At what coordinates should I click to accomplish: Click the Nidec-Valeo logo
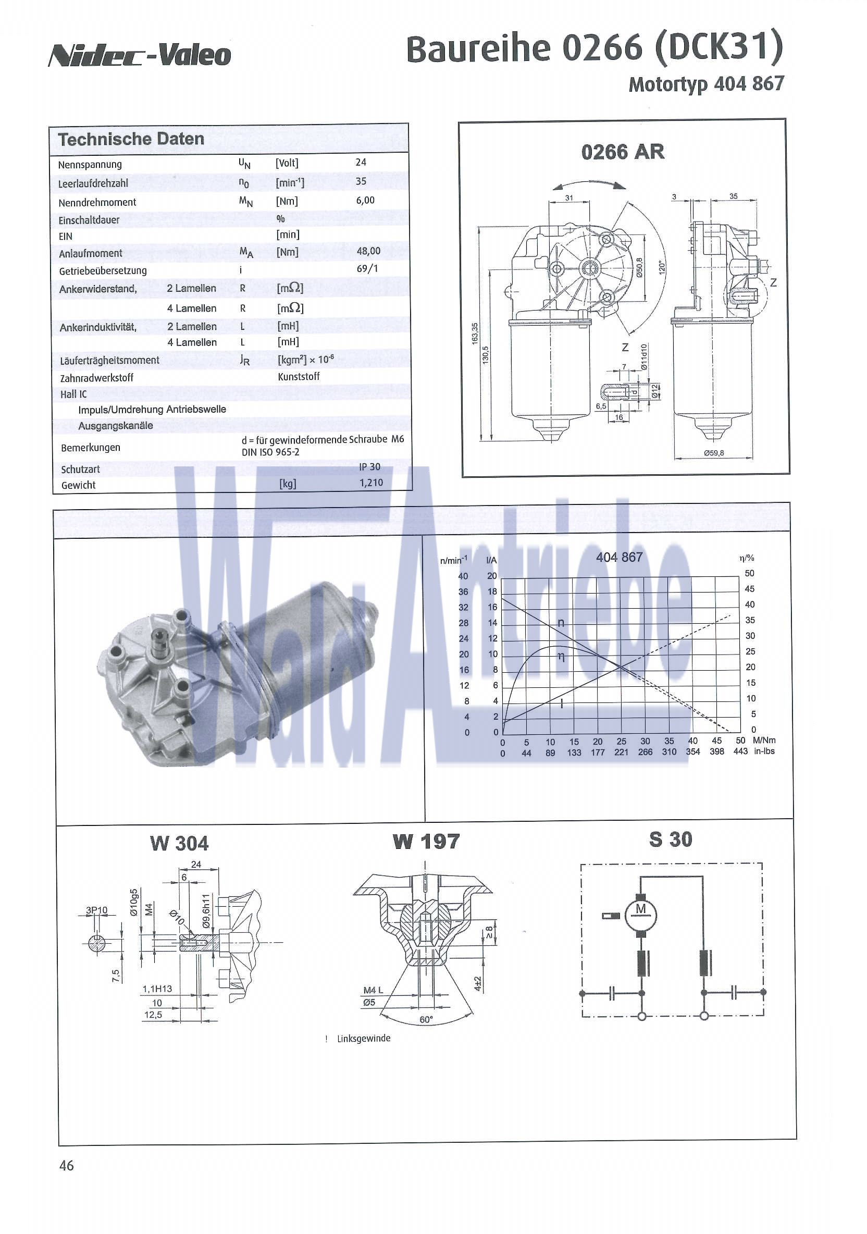140,55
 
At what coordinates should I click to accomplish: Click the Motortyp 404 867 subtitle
706,84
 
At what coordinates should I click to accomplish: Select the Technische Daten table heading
131,139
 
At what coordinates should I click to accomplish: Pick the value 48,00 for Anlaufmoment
368,251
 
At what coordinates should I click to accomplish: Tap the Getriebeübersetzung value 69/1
367,268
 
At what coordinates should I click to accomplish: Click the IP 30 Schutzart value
369,466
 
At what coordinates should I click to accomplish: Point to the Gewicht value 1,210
371,482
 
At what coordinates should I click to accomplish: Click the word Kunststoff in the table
299,377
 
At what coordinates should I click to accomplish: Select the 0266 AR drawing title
623,152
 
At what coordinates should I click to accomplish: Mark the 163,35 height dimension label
475,333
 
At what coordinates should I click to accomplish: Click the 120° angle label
662,267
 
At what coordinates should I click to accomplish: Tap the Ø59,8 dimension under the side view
714,453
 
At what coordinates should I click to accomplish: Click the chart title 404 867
619,558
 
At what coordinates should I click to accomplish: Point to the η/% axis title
747,558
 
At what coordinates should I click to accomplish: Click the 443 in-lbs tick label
740,751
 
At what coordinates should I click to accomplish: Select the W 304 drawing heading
179,843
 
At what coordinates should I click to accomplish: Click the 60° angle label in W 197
426,1019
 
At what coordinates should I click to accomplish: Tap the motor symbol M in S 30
641,909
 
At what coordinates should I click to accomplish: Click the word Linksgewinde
363,1039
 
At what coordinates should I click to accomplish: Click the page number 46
67,1165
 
